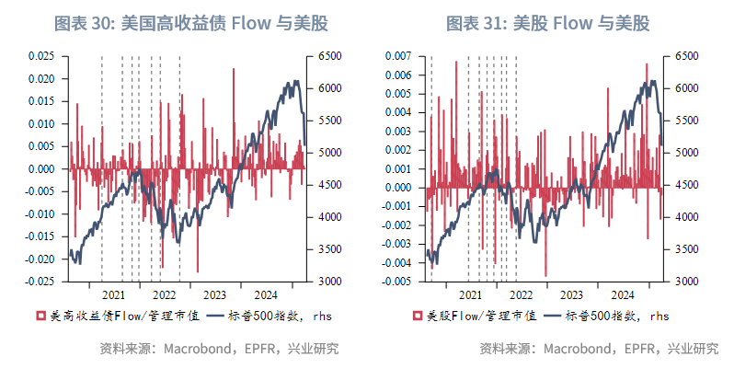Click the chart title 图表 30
pyautogui.click(x=191, y=23)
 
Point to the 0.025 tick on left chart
pyautogui.click(x=42, y=56)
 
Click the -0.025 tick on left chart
pyautogui.click(x=40, y=282)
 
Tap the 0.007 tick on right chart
pyautogui.click(x=398, y=56)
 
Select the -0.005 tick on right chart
pyautogui.click(x=396, y=282)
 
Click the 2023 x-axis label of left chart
pyautogui.click(x=214, y=294)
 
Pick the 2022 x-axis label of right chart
pyautogui.click(x=521, y=294)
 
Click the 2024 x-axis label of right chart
pyautogui.click(x=623, y=294)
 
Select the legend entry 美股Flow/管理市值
pyautogui.click(x=468, y=317)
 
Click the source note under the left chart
pyautogui.click(x=219, y=349)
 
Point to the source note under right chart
pyautogui.click(x=599, y=349)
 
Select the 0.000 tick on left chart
pyautogui.click(x=42, y=169)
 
